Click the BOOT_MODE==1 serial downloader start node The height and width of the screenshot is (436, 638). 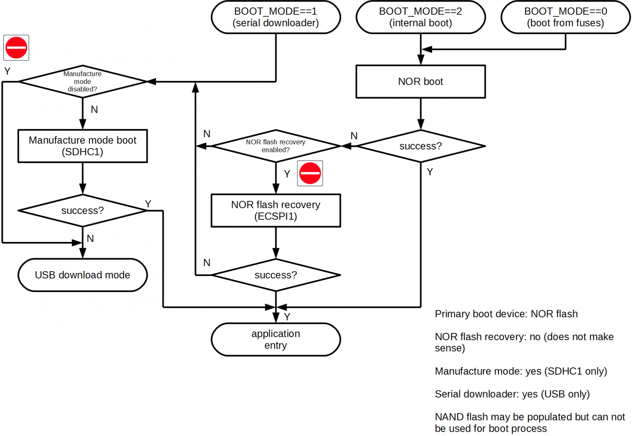(x=276, y=17)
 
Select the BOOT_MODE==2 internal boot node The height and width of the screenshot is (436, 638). (x=421, y=17)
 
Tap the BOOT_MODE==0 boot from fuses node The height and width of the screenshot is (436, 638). (x=565, y=17)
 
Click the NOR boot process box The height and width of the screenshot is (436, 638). (x=421, y=81)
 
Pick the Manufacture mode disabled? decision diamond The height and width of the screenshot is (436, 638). (x=83, y=81)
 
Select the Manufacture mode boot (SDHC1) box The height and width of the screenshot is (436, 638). (x=83, y=146)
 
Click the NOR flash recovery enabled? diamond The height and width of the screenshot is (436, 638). (x=276, y=146)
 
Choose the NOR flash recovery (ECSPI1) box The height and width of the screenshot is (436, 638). (x=276, y=210)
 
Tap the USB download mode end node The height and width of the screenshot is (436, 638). (x=83, y=275)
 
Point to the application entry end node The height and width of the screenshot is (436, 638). (x=276, y=339)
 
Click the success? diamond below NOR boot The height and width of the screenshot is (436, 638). (x=421, y=146)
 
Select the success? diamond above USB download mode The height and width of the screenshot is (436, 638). (x=83, y=210)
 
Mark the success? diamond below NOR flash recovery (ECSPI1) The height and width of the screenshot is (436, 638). (x=276, y=275)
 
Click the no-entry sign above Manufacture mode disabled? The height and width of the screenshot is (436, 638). (x=16, y=48)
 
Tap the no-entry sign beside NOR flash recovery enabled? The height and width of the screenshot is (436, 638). (x=310, y=173)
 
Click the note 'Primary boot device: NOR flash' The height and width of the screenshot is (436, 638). (x=506, y=314)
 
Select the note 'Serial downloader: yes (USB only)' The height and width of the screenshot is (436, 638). (x=512, y=394)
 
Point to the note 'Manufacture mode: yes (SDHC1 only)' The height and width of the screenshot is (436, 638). (x=521, y=371)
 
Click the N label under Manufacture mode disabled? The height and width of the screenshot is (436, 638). (x=94, y=110)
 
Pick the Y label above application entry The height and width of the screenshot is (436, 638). (x=287, y=317)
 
